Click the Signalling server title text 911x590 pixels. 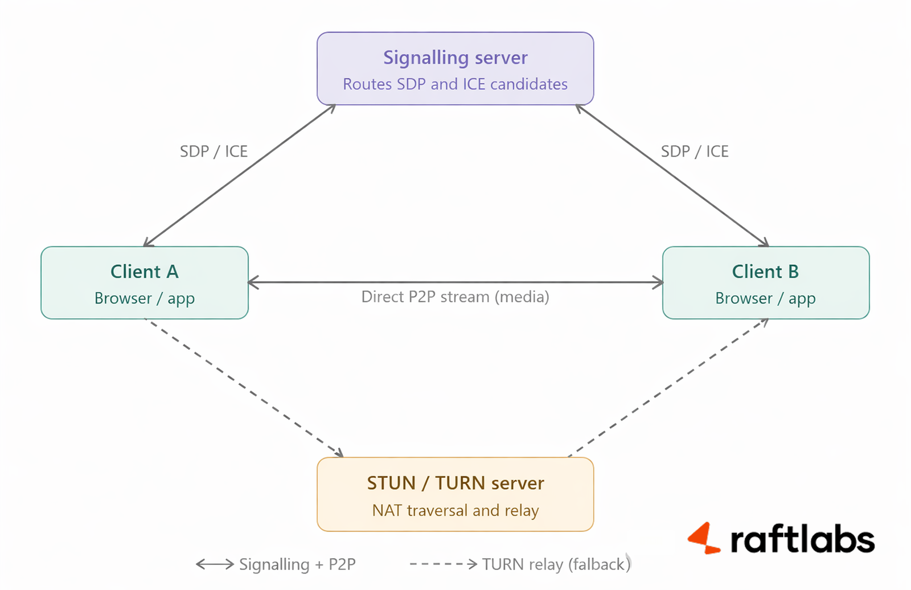tap(455, 58)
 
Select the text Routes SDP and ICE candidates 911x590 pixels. tap(455, 84)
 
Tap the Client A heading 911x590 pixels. tap(145, 272)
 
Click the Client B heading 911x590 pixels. tap(765, 272)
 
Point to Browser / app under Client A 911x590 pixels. tap(145, 298)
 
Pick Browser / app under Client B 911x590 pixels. tap(765, 298)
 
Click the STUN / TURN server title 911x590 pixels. tap(455, 483)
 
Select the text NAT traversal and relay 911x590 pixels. tap(455, 510)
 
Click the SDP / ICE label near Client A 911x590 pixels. tap(214, 151)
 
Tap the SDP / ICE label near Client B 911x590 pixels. tap(695, 151)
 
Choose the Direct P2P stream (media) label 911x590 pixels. tap(455, 297)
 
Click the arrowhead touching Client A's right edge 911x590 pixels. tap(253, 282)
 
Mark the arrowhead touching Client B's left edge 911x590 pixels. tap(658, 282)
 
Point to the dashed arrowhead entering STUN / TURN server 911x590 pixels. tap(339, 453)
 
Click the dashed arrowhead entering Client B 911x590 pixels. tap(764, 322)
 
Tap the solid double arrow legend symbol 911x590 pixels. tap(215, 564)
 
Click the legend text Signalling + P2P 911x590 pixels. tap(297, 564)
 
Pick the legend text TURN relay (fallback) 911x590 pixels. tap(556, 564)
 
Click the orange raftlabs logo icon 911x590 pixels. tap(704, 538)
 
